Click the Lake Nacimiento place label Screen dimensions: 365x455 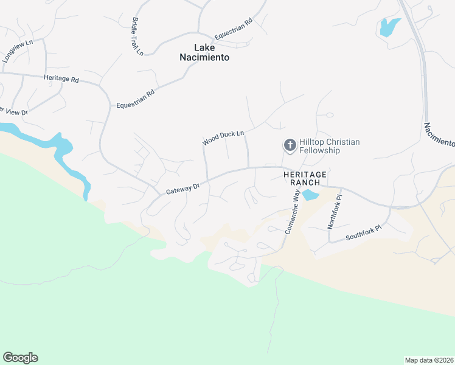point(204,52)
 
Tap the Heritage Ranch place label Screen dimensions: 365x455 point(305,178)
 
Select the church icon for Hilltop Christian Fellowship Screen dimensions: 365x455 point(290,145)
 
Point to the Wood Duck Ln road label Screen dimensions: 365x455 point(223,137)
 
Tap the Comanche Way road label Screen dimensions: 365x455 point(291,211)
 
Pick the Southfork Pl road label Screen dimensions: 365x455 point(363,232)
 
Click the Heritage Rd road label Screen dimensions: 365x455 point(61,78)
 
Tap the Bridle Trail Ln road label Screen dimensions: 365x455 point(137,36)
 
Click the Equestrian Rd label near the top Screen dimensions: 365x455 point(232,29)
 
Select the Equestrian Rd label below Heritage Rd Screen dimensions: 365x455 point(136,98)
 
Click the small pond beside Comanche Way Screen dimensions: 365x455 point(310,195)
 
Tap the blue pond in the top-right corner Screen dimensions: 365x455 point(388,27)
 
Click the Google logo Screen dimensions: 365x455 point(20,357)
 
